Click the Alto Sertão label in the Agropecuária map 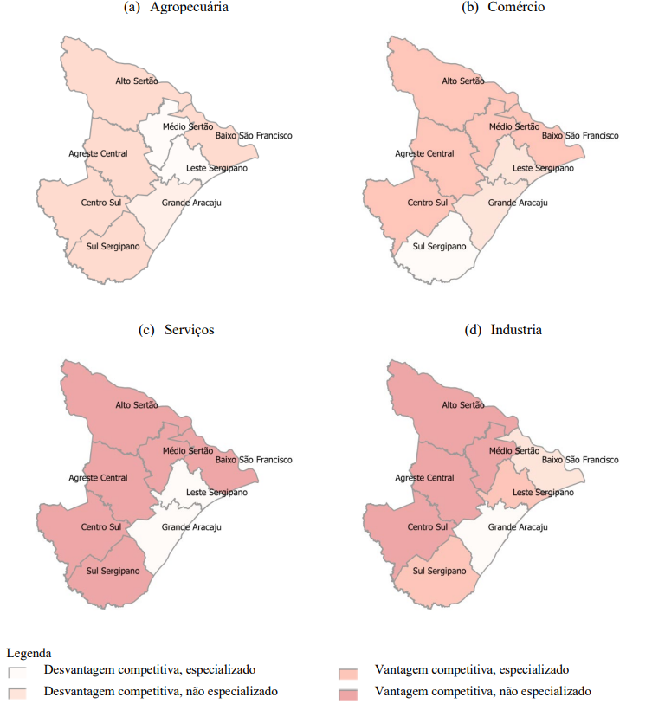coord(137,81)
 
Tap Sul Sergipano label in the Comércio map coord(439,246)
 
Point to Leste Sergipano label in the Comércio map coord(543,168)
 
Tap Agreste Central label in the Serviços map coord(98,478)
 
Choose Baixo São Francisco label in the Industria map coord(580,460)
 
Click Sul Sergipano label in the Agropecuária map coord(113,246)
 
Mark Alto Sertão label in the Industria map coord(463,405)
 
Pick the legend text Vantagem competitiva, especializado coord(471,669)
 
